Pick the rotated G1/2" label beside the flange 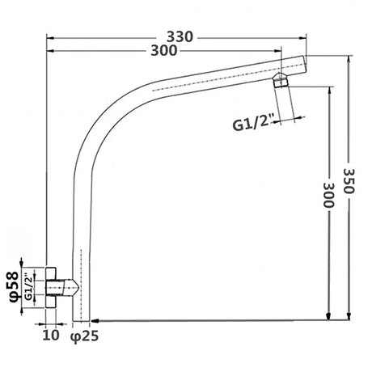[29, 286]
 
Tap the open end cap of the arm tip [305, 66]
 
